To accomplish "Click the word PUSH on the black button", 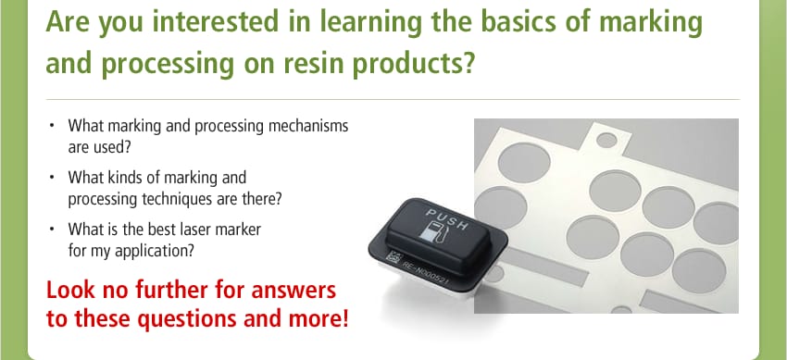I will (447, 222).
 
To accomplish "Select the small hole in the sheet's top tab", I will (606, 142).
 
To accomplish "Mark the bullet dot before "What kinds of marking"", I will (53, 176).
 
